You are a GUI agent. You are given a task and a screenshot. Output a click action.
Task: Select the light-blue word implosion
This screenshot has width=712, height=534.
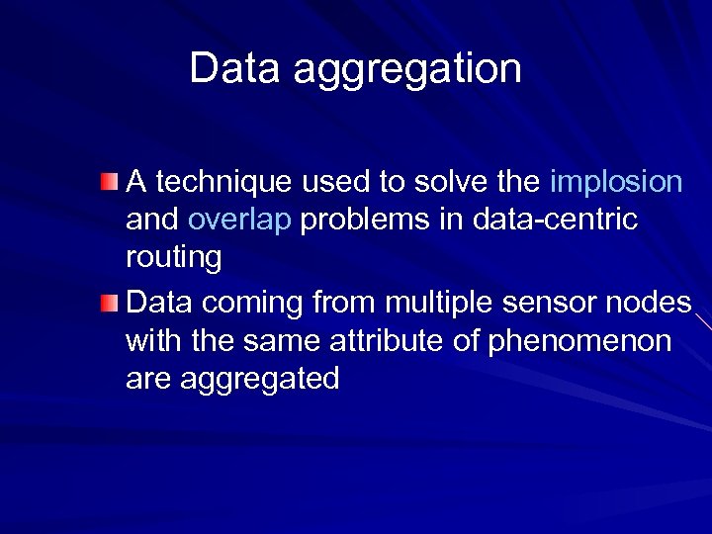click(x=616, y=182)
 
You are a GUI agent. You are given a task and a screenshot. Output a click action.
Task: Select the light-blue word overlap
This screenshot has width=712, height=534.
click(x=239, y=221)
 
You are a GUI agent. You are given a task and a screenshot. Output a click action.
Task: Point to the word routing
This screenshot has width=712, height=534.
click(x=173, y=259)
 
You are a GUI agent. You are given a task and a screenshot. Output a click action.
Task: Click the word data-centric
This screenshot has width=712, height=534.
click(x=556, y=220)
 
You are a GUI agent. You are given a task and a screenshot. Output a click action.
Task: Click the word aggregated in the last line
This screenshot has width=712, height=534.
click(x=260, y=380)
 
